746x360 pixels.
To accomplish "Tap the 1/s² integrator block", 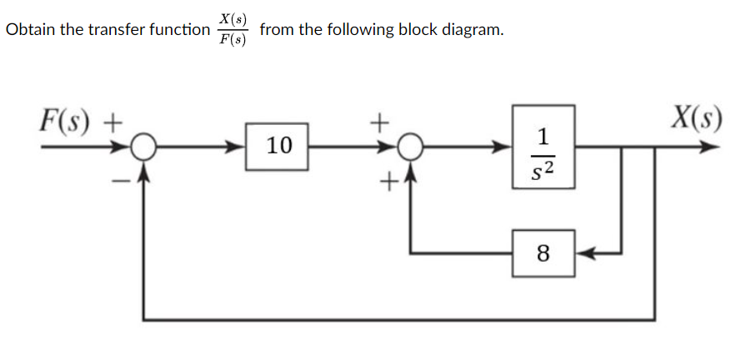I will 543,147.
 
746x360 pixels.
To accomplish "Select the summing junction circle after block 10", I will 408,148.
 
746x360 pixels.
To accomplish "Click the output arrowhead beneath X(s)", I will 708,148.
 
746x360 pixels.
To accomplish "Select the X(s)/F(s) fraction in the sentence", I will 233,30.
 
